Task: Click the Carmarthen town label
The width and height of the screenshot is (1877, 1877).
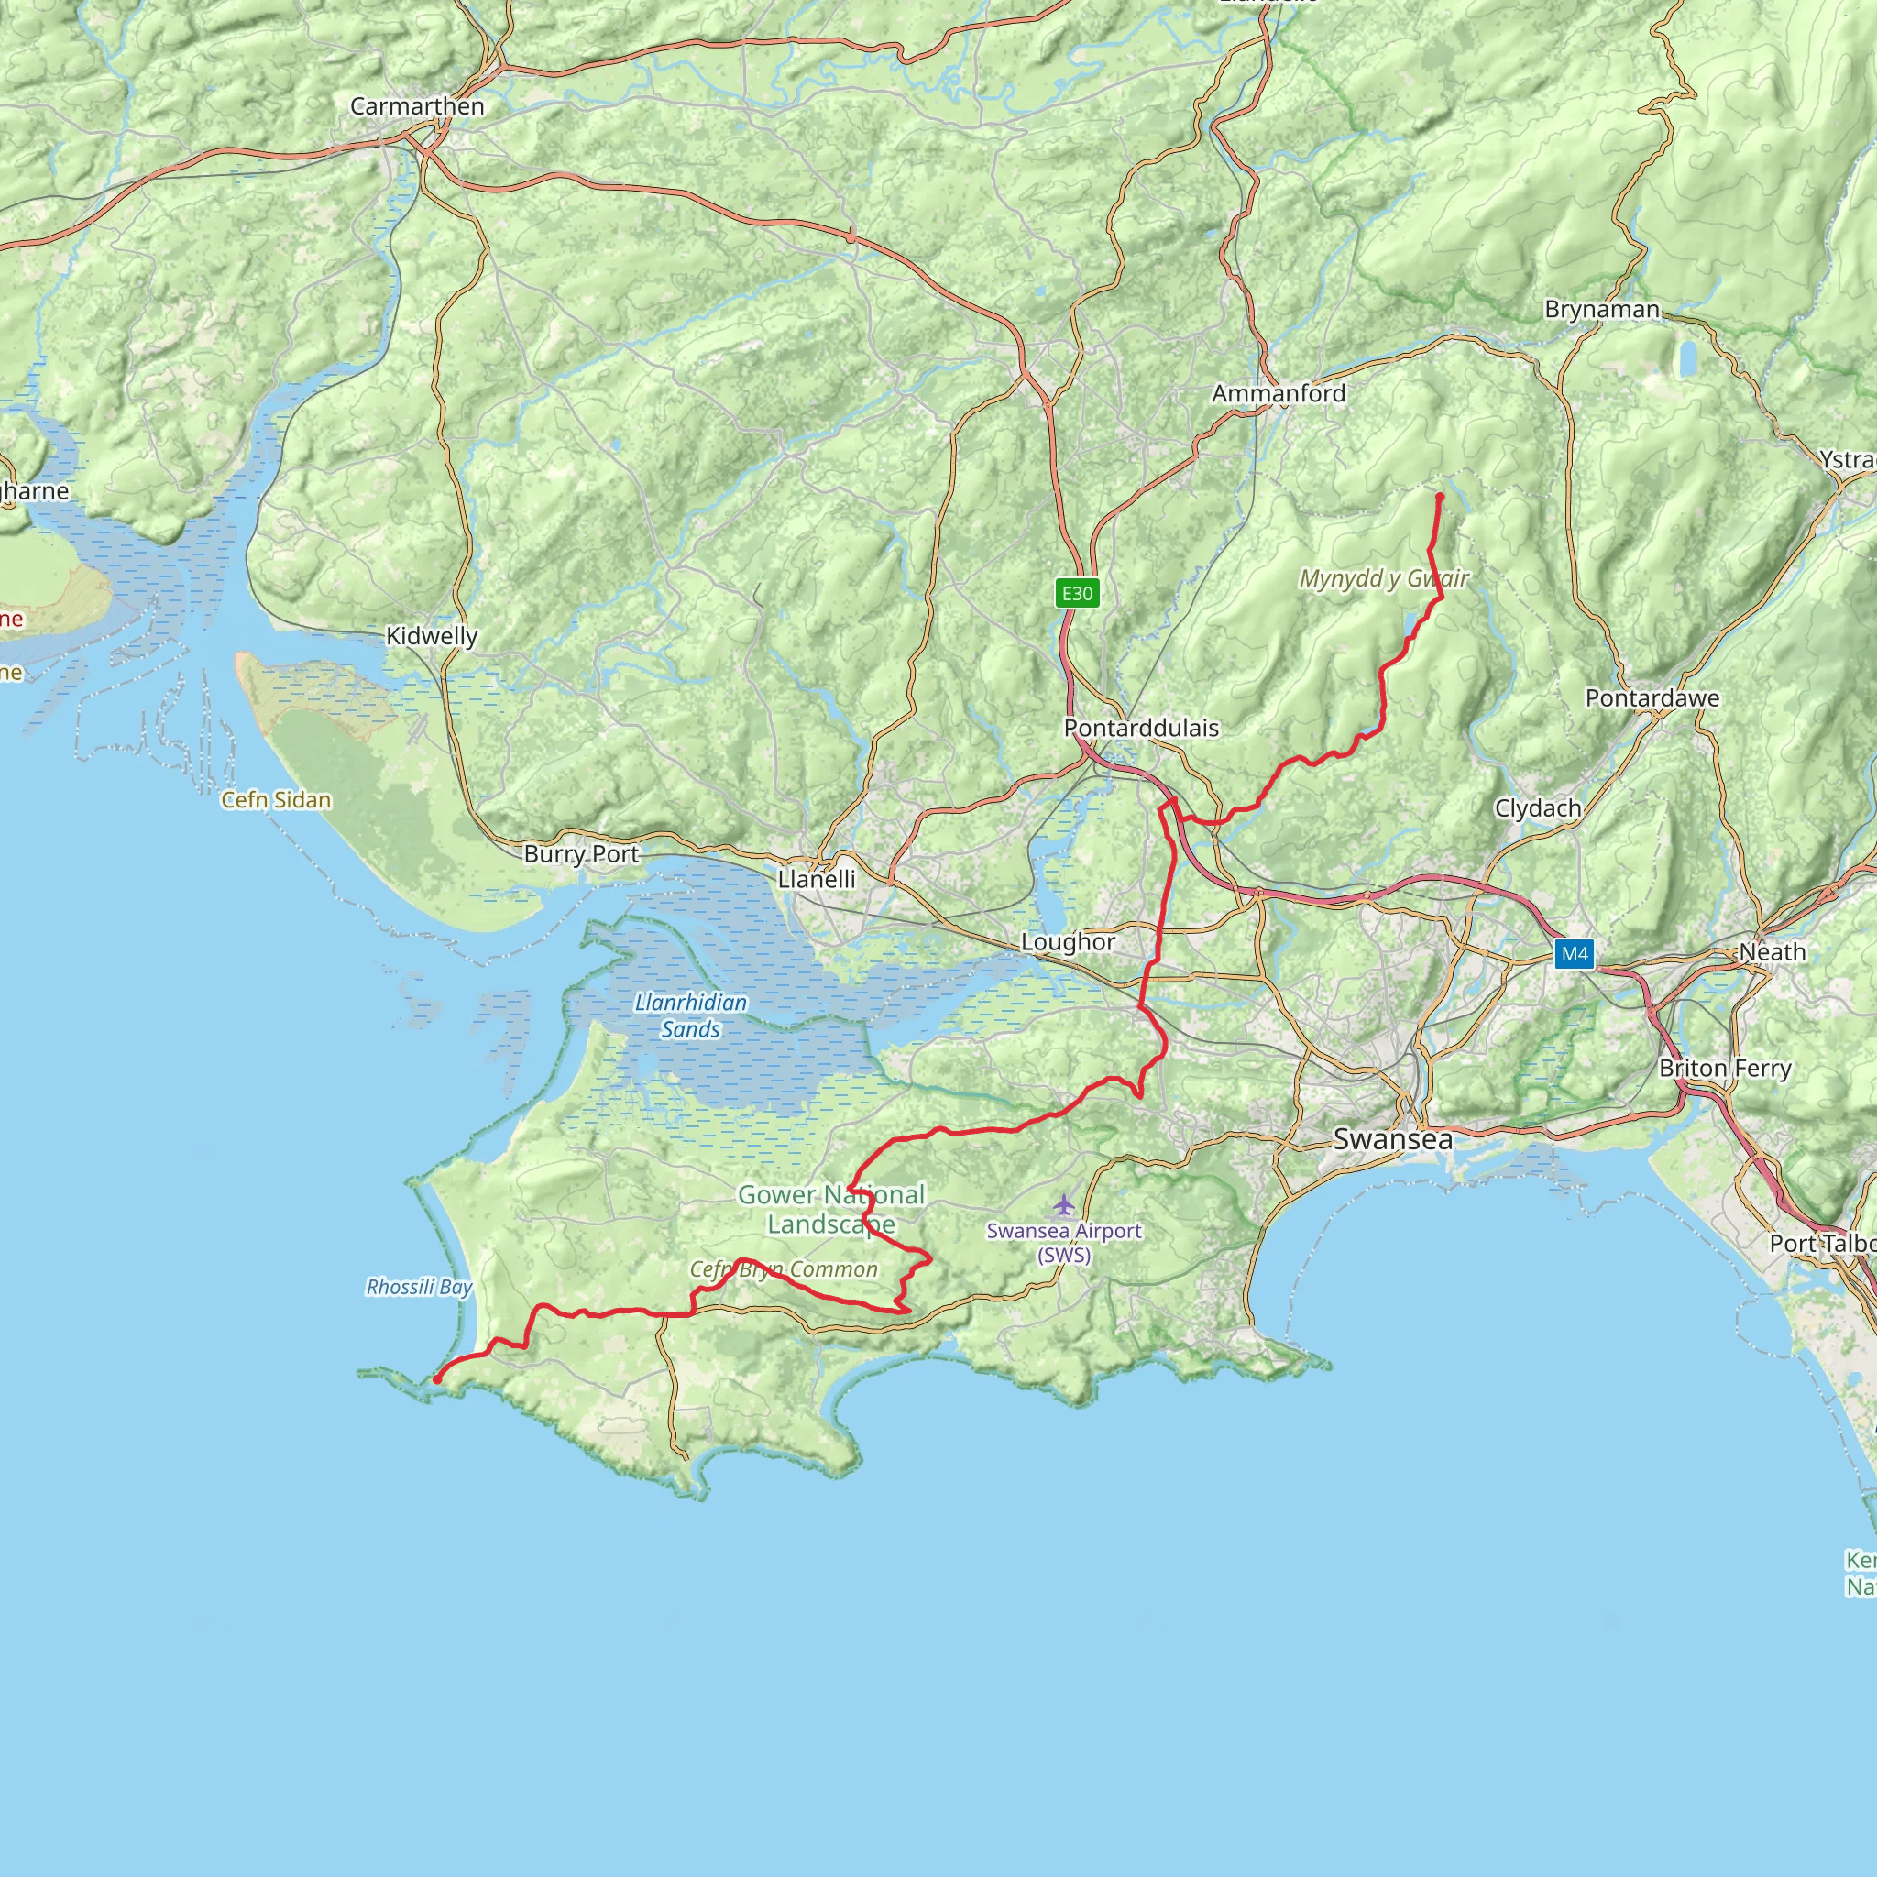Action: [x=417, y=107]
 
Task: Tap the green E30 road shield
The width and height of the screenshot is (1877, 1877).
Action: [x=1077, y=594]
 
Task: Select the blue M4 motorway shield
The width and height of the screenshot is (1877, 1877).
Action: [x=1574, y=954]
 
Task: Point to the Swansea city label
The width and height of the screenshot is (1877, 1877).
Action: [x=1392, y=1139]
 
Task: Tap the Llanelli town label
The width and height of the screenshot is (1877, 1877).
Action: [x=816, y=879]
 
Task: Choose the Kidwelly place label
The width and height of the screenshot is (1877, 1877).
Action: [x=432, y=636]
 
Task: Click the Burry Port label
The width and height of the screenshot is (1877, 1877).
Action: [x=581, y=854]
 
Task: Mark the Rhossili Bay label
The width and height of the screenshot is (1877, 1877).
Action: [x=419, y=1288]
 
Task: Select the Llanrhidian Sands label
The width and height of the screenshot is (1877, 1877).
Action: [x=691, y=1016]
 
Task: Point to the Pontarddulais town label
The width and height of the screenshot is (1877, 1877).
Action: [x=1140, y=728]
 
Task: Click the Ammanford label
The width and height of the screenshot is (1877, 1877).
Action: [x=1279, y=393]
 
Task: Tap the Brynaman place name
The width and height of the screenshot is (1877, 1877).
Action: [x=1602, y=310]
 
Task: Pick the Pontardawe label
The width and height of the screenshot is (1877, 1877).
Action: [x=1652, y=698]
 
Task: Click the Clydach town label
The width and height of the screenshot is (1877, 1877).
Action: [x=1538, y=808]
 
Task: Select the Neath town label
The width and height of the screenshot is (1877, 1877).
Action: [x=1773, y=952]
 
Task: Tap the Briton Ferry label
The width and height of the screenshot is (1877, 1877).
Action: [x=1725, y=1069]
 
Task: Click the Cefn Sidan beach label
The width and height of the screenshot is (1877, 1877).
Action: [x=276, y=799]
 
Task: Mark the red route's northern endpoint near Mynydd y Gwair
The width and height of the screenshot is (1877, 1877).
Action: [x=1440, y=498]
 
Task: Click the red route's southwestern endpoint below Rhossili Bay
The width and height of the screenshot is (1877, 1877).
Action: [x=437, y=1379]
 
